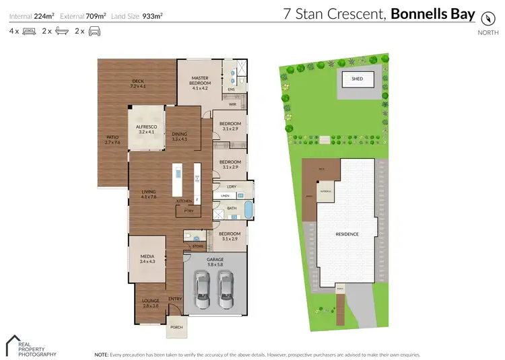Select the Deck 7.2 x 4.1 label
(137, 84)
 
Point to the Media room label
(147, 258)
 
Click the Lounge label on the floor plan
(150, 303)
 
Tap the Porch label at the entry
(176, 328)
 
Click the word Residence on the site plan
(347, 234)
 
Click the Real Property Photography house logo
(13, 343)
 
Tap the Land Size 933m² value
(154, 15)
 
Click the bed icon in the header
(28, 31)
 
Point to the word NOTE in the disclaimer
(101, 354)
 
